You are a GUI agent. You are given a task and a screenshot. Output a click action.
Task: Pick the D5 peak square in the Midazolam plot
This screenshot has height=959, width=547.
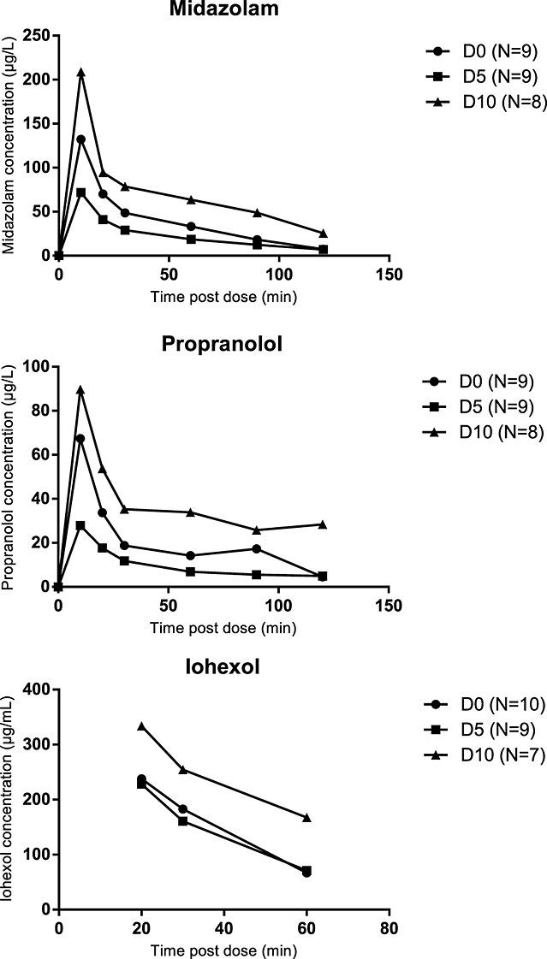tap(81, 192)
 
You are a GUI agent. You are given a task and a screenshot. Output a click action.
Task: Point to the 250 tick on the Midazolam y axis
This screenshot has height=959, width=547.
tap(38, 35)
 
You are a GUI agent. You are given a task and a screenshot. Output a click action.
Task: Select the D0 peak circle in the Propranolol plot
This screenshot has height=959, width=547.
tap(81, 438)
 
